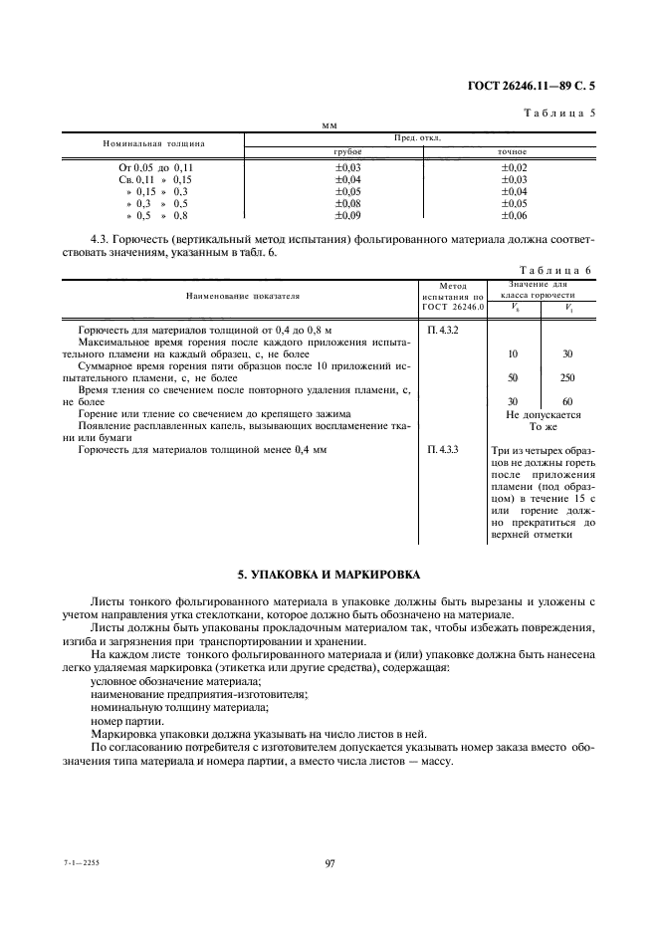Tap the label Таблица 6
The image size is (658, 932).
point(557,270)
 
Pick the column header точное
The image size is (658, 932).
point(512,151)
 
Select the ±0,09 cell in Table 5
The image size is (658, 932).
point(348,215)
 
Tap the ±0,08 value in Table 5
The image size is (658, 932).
point(348,203)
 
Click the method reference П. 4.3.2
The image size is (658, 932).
point(442,329)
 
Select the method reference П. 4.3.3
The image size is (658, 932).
point(442,450)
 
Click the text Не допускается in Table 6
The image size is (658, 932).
point(543,414)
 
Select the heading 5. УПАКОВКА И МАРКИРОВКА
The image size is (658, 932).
point(329,575)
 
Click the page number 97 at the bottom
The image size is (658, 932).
point(329,863)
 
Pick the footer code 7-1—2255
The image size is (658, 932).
point(84,863)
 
